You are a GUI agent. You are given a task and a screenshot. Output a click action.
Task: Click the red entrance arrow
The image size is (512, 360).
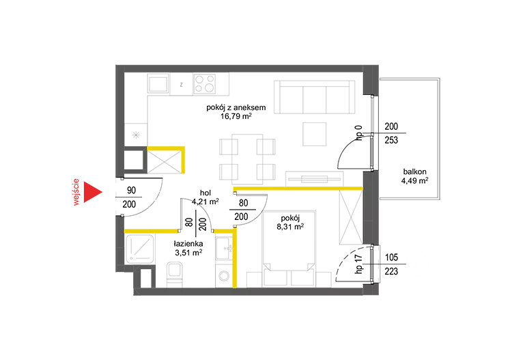click(x=91, y=192)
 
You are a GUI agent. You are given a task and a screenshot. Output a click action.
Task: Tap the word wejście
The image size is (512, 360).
click(x=76, y=192)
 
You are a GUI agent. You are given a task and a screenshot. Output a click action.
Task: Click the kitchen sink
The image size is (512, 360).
click(x=158, y=83)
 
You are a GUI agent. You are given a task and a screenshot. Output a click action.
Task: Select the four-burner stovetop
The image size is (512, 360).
click(x=204, y=83)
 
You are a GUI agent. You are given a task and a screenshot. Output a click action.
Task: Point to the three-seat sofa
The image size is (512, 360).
click(x=315, y=97)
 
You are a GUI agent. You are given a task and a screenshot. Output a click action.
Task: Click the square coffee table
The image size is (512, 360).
click(x=315, y=134)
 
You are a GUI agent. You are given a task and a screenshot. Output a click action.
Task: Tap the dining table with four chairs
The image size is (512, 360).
click(x=247, y=158)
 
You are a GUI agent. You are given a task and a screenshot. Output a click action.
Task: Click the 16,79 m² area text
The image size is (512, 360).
click(x=236, y=116)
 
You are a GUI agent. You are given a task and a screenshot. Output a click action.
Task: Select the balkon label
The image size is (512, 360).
click(x=414, y=172)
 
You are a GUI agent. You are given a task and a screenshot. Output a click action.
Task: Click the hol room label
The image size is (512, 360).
click(x=205, y=193)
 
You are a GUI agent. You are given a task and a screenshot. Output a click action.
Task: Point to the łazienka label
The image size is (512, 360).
click(x=188, y=244)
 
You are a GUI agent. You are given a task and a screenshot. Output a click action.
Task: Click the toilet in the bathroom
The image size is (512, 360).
click(x=174, y=275)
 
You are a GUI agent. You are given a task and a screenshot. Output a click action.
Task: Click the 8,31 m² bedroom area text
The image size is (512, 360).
click(x=290, y=227)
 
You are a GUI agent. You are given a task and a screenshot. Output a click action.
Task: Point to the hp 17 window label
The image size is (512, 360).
click(x=358, y=264)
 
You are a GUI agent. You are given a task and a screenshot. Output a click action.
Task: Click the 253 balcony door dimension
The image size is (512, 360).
click(x=391, y=140)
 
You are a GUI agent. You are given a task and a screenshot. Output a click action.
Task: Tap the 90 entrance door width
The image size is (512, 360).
click(x=131, y=190)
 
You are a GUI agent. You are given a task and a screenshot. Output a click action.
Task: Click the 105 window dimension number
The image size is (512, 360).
click(x=391, y=258)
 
